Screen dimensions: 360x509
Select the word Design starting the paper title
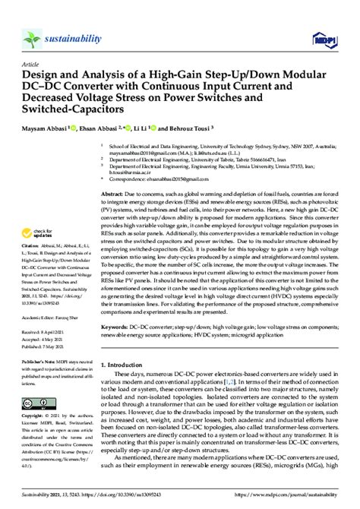(45, 77)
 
